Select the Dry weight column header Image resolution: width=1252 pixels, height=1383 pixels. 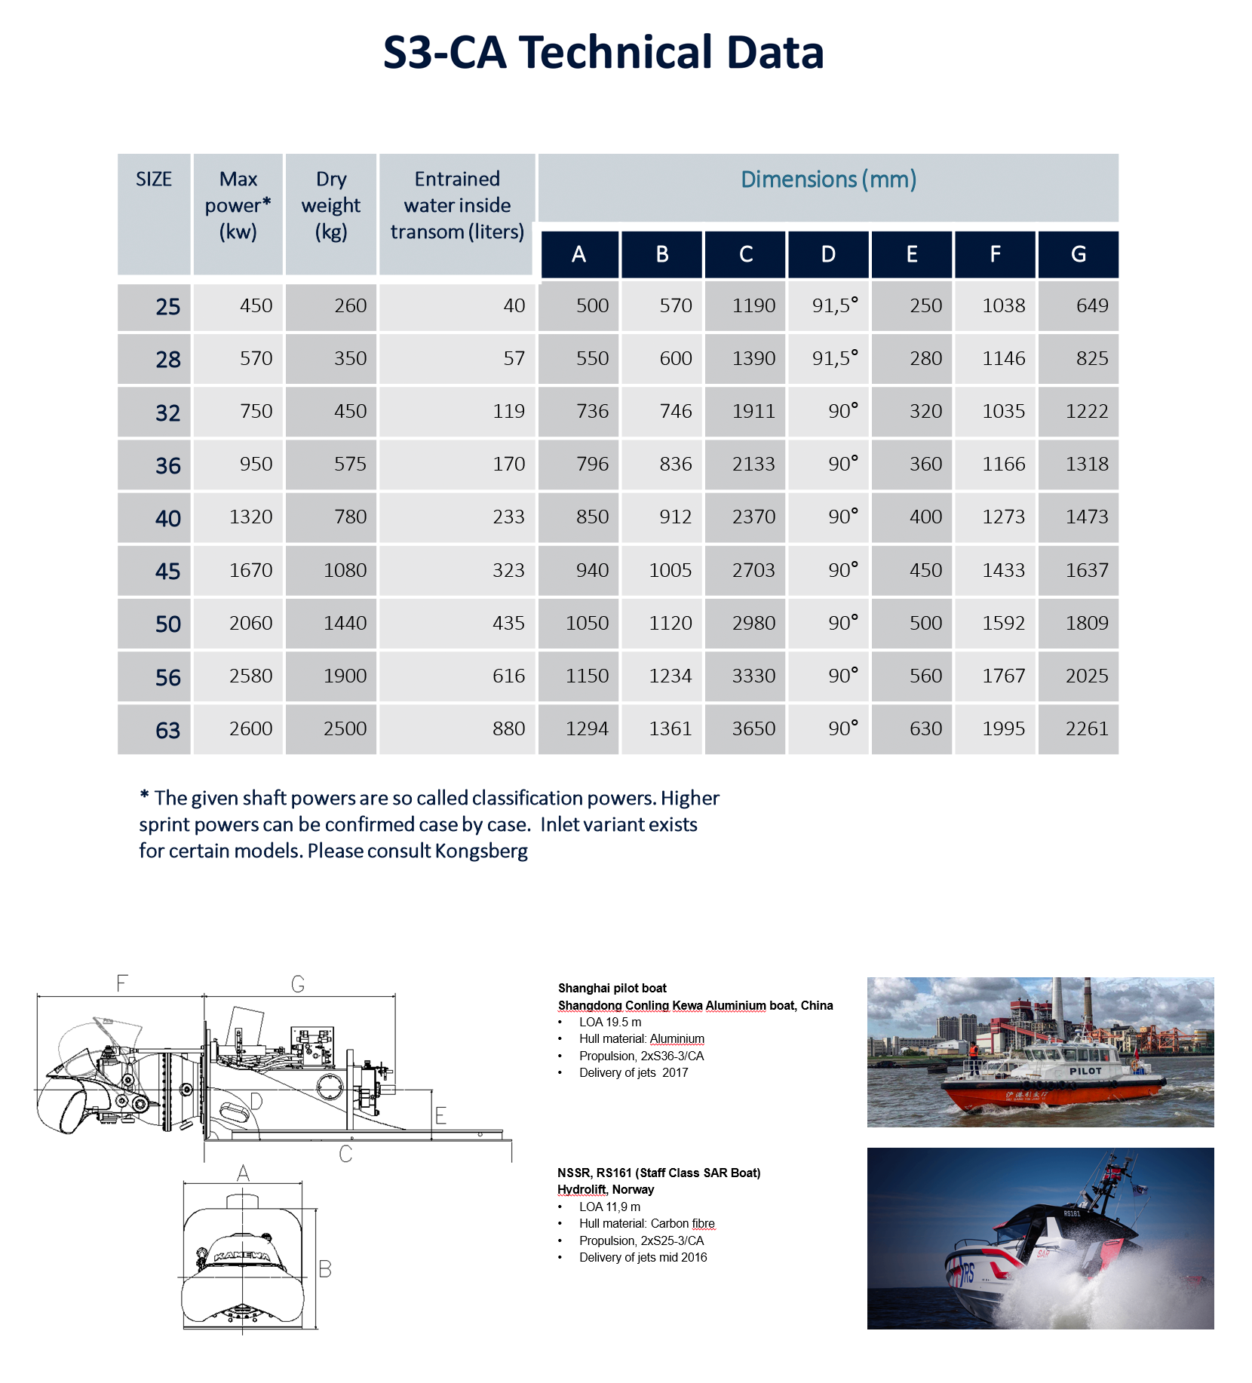pyautogui.click(x=331, y=205)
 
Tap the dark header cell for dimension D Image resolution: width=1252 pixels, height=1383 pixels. pyautogui.click(x=828, y=254)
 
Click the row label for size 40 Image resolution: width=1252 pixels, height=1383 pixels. pyautogui.click(x=167, y=518)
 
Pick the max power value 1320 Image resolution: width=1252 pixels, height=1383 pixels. pyautogui.click(x=250, y=517)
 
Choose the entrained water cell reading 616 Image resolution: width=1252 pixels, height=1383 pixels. pyautogui.click(x=508, y=676)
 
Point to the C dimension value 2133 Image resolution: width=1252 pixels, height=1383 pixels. pyautogui.click(x=753, y=464)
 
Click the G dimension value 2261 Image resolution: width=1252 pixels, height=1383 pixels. pyautogui.click(x=1086, y=728)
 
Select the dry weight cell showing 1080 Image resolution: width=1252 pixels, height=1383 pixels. pyautogui.click(x=345, y=570)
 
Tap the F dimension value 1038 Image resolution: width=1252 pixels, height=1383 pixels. pyautogui.click(x=1003, y=305)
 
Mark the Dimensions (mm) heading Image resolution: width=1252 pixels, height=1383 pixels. pyautogui.click(x=828, y=179)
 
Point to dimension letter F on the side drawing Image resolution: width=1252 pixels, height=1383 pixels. pyautogui.click(x=122, y=983)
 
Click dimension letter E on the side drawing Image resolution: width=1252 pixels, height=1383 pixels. pyautogui.click(x=441, y=1115)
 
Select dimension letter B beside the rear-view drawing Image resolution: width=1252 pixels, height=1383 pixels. pyautogui.click(x=325, y=1269)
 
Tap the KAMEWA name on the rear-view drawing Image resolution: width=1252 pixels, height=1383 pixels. pyautogui.click(x=241, y=1256)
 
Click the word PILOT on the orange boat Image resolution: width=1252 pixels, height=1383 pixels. pyautogui.click(x=1085, y=1071)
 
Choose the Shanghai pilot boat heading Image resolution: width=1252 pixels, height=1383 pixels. pyautogui.click(x=612, y=988)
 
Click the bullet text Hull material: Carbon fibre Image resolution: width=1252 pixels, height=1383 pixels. pyautogui.click(x=646, y=1223)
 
